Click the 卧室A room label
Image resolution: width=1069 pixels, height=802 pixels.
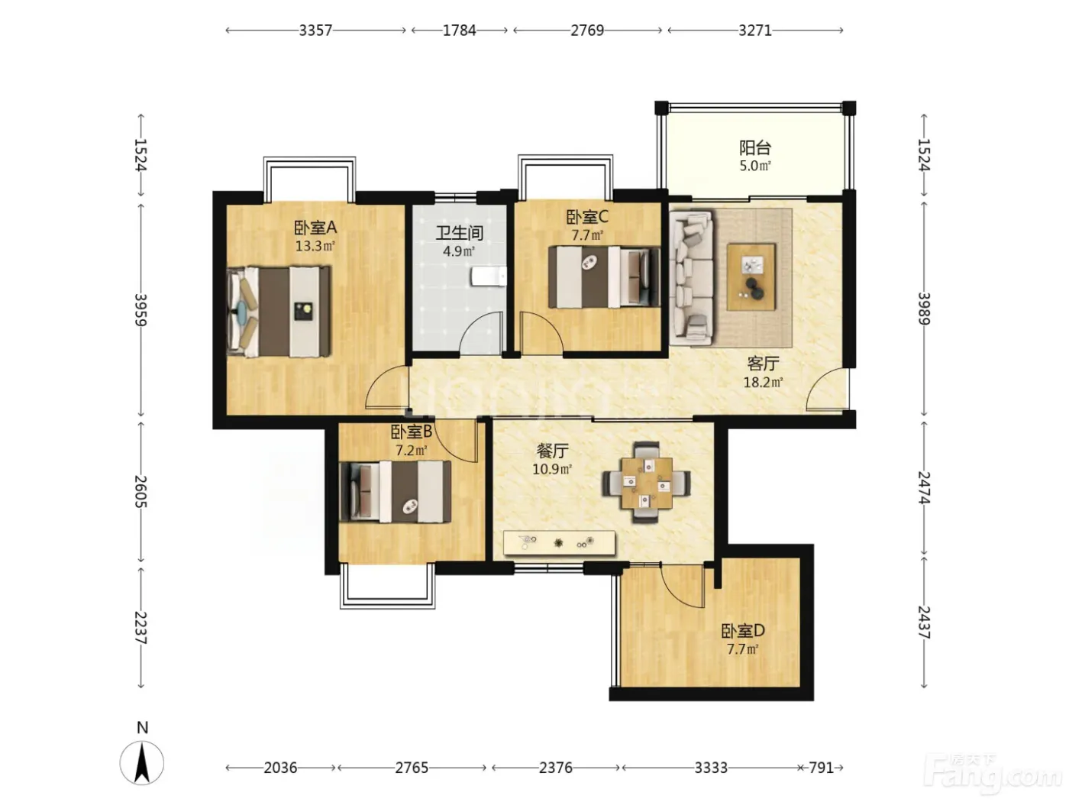(315, 228)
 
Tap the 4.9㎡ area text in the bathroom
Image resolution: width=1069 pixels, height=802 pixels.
(459, 251)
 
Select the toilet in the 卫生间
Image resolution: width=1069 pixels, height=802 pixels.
(489, 276)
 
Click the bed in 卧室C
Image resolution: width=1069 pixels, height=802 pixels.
(604, 276)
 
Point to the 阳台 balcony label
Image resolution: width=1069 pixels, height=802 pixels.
(755, 147)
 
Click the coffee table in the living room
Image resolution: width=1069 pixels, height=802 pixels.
(751, 276)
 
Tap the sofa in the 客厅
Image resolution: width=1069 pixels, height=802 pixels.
(691, 276)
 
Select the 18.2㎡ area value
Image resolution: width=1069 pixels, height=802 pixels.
(763, 382)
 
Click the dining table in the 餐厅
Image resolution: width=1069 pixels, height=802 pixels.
(646, 483)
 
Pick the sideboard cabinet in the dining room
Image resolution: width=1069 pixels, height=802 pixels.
(559, 542)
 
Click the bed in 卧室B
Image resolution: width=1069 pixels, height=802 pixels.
(395, 491)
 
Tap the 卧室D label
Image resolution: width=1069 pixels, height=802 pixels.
(743, 631)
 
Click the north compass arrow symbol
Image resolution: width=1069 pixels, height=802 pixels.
(142, 762)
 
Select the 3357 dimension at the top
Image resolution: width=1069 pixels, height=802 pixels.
(315, 31)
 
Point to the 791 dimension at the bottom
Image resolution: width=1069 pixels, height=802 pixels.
(821, 768)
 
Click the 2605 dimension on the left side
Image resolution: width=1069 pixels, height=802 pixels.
(140, 491)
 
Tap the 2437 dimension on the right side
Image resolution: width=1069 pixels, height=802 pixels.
(924, 623)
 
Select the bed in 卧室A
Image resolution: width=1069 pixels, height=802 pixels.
(279, 311)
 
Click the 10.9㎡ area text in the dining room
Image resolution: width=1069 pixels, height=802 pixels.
(552, 470)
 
